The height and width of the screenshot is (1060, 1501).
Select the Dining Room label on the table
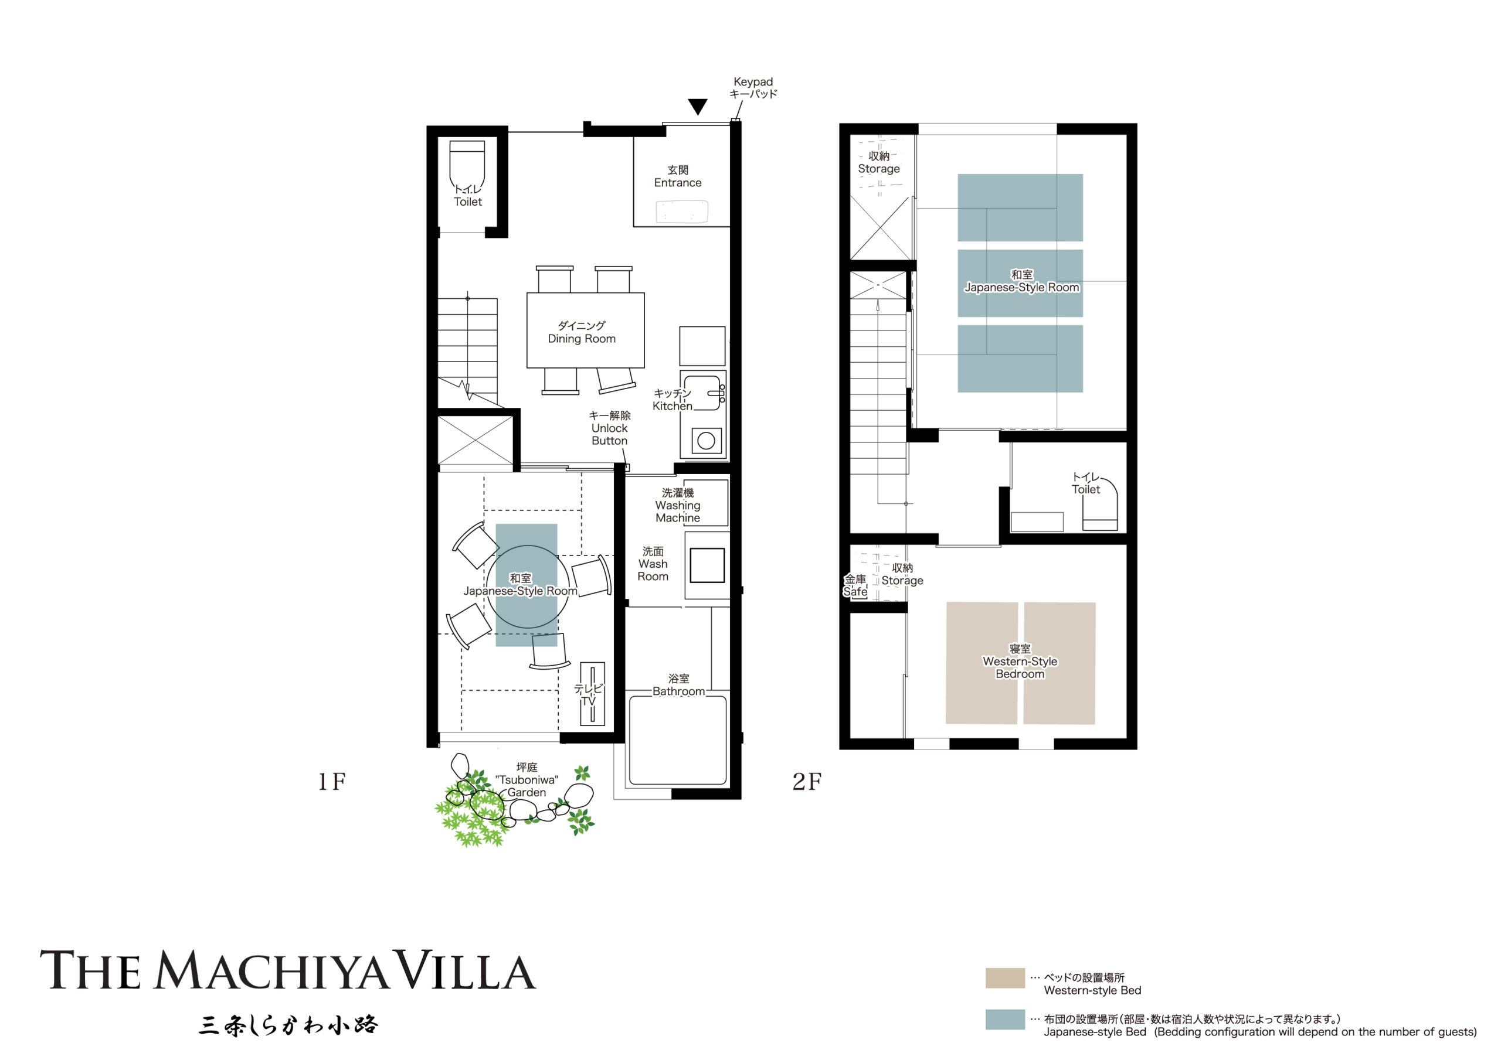[581, 332]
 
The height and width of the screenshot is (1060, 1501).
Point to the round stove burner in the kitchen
[706, 441]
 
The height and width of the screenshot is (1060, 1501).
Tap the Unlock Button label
[609, 428]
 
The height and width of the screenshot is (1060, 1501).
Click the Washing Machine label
[678, 505]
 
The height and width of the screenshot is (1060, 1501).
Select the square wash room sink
[707, 565]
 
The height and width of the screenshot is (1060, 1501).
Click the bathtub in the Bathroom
[677, 741]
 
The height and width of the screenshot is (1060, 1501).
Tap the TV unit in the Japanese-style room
[592, 694]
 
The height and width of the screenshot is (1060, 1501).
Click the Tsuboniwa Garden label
[527, 780]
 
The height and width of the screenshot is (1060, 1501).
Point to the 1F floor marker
[331, 782]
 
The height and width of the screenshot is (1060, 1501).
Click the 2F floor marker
[807, 782]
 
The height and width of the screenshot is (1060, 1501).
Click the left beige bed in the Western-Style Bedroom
[982, 663]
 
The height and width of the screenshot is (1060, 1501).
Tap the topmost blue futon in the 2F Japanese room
[1020, 207]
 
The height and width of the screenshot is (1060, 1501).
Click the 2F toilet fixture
[1101, 506]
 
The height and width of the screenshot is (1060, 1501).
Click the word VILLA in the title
[467, 972]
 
